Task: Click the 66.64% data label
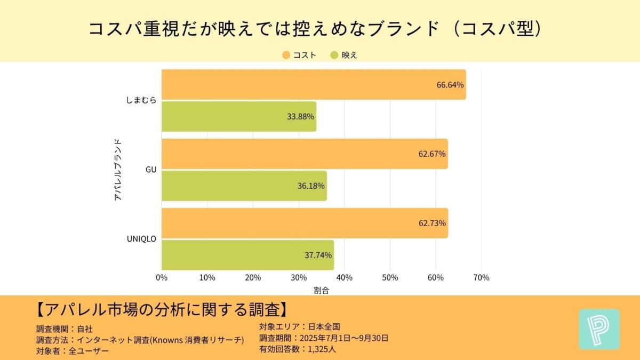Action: click(450, 85)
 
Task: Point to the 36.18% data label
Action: click(311, 186)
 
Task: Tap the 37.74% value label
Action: click(318, 255)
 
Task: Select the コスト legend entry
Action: click(299, 55)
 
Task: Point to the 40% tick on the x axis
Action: click(344, 278)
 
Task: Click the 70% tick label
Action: click(481, 278)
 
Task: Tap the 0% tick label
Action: click(162, 278)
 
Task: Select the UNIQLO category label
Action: click(141, 239)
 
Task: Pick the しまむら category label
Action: click(141, 100)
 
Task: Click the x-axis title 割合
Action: click(322, 290)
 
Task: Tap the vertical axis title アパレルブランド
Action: click(118, 170)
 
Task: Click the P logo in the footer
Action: click(599, 329)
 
